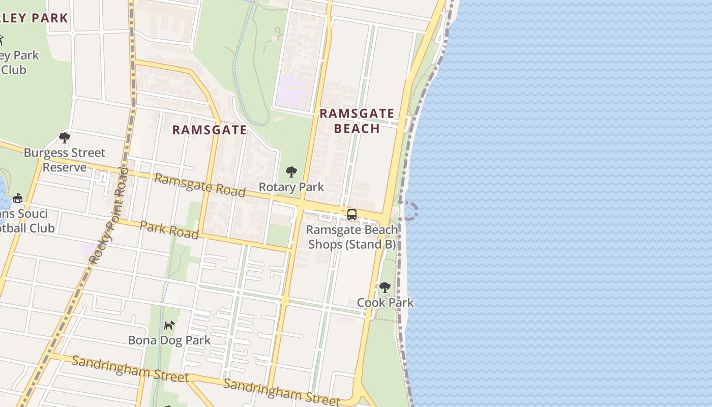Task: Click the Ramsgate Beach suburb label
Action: pos(357,121)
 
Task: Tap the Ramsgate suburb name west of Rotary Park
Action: pos(210,130)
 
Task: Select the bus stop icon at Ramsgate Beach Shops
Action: pos(351,215)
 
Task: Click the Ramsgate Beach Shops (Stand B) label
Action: pos(352,237)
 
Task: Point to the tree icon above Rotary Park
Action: pos(291,172)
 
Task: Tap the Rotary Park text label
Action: pos(291,187)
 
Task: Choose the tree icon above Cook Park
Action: pos(385,287)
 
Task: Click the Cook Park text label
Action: pos(385,303)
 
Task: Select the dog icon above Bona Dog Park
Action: pos(169,325)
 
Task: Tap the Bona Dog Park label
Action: pos(169,340)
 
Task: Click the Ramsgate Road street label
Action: pos(200,185)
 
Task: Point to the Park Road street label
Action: pos(169,230)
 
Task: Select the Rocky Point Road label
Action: pos(108,216)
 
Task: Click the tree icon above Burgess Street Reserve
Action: pos(64,137)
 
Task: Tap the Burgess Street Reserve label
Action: pos(65,160)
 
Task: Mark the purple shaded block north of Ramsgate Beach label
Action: pos(294,92)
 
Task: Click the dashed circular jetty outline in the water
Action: pos(408,211)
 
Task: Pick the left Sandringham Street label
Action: pos(130,369)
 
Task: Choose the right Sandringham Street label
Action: pos(281,392)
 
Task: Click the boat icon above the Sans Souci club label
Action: pos(18,198)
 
